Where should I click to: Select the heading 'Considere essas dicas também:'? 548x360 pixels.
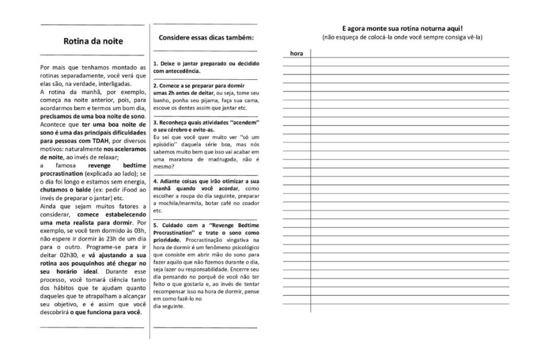[x=206, y=38]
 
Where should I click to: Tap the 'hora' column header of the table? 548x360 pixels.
[x=297, y=53]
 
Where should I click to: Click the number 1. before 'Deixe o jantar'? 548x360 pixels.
[x=155, y=63]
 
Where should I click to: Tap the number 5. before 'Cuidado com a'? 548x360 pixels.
[x=155, y=225]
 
